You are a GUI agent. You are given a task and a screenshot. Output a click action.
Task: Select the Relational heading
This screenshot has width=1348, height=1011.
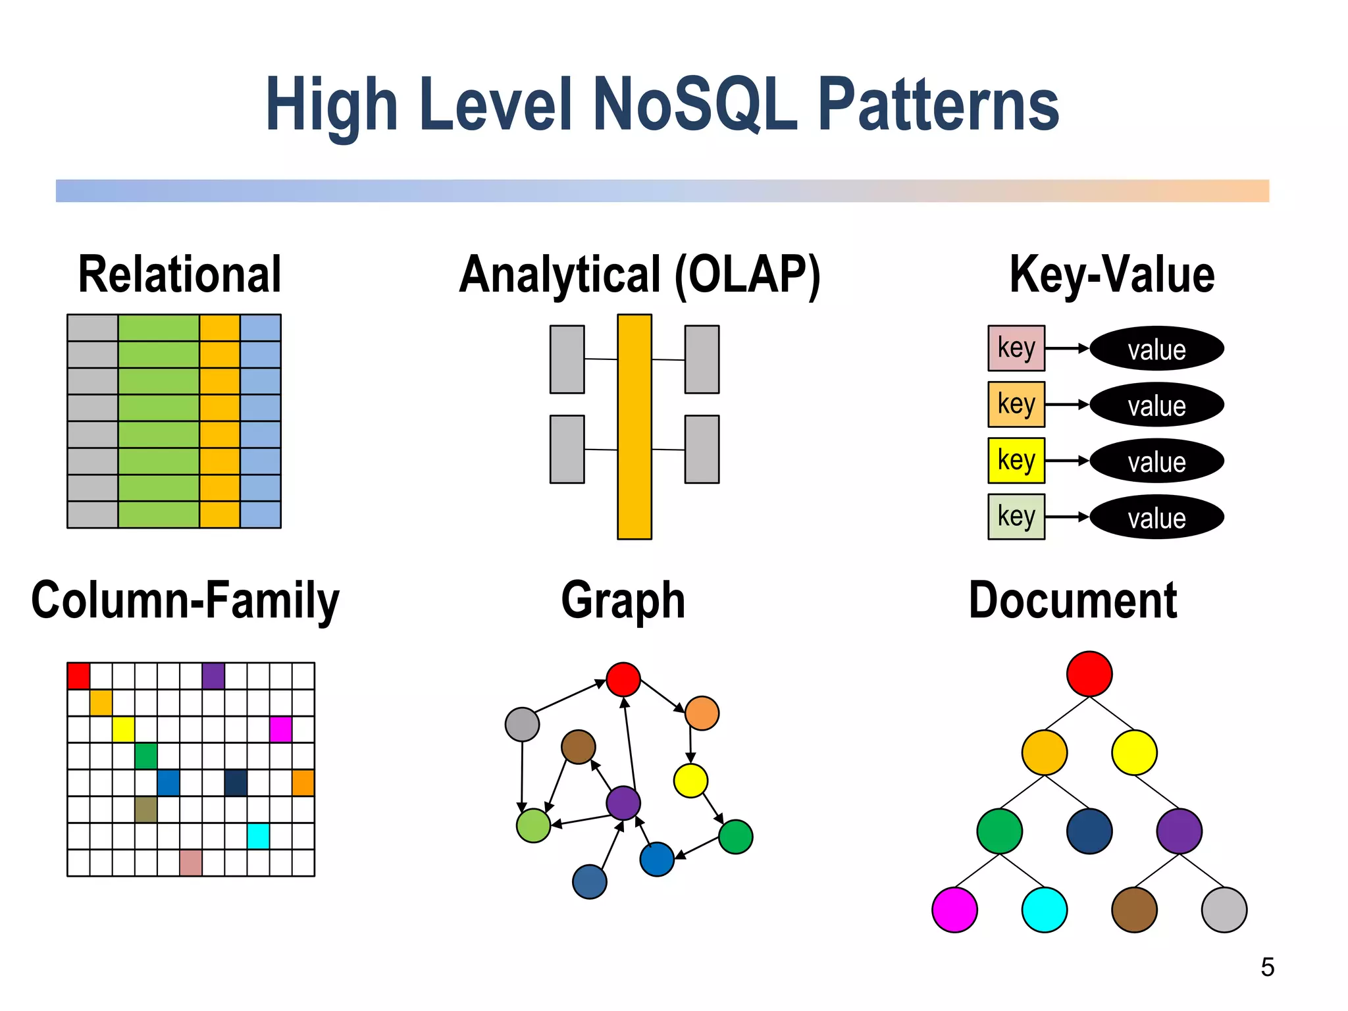click(x=180, y=274)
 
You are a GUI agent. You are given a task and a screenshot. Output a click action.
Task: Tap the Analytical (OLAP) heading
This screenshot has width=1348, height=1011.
click(x=640, y=274)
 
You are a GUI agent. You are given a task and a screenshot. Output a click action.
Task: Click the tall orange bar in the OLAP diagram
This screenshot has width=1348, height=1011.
click(x=634, y=427)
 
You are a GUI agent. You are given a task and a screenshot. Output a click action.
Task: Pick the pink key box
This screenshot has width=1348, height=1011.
click(x=1016, y=348)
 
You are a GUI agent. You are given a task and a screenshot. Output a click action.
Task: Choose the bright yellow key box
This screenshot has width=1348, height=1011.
click(x=1016, y=460)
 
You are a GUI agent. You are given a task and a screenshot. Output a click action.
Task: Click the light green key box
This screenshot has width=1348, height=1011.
click(x=1016, y=517)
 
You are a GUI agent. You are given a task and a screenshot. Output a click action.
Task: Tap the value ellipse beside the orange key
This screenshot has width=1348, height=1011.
click(x=1156, y=405)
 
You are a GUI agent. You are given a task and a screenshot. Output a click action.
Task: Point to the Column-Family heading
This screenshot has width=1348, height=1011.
click(x=186, y=600)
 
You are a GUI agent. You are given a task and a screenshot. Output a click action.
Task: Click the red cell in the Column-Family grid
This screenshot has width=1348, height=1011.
click(x=78, y=676)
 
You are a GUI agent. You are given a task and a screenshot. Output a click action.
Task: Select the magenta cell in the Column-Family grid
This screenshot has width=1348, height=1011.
click(x=280, y=729)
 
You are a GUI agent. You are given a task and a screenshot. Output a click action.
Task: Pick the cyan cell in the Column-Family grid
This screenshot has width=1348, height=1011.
click(x=258, y=836)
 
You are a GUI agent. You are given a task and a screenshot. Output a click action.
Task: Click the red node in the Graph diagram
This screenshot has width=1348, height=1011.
click(x=623, y=679)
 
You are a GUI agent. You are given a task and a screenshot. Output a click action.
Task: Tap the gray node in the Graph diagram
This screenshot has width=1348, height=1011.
click(x=522, y=724)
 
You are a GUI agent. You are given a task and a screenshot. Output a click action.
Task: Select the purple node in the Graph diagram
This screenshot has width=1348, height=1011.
click(x=623, y=803)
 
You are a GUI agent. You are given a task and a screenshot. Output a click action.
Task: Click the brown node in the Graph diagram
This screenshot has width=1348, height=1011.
click(x=578, y=746)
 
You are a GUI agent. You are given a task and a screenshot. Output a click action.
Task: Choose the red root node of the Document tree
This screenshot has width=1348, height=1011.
click(x=1089, y=674)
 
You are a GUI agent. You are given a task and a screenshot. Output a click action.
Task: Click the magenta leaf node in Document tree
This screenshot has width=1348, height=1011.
click(x=954, y=910)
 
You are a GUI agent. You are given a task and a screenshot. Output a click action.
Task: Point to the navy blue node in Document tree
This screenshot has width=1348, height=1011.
click(x=1089, y=831)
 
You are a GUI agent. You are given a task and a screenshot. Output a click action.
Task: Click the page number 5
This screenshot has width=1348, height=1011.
click(x=1267, y=967)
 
